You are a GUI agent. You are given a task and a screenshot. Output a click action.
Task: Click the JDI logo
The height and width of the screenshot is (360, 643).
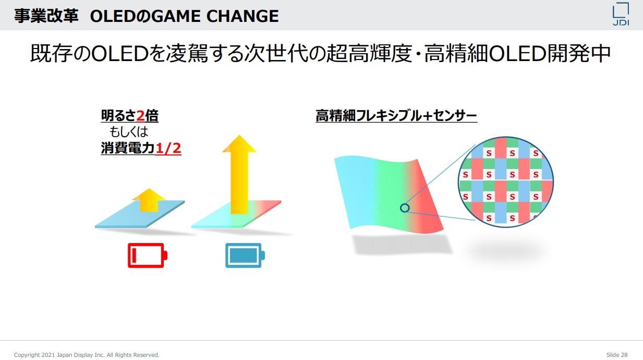coord(621,14)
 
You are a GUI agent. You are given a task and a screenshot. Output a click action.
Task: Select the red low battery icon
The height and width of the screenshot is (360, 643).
coord(148,256)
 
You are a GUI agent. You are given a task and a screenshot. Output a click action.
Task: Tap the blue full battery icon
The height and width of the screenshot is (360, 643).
coord(245,256)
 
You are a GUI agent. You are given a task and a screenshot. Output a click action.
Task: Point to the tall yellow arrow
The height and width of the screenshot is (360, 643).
coord(239,175)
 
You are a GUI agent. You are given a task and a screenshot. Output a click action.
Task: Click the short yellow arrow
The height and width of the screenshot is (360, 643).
coord(149,200)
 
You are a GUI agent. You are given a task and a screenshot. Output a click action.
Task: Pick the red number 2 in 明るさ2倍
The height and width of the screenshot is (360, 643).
coord(140,116)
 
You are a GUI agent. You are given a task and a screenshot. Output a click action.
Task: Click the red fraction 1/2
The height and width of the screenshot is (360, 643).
coord(168,148)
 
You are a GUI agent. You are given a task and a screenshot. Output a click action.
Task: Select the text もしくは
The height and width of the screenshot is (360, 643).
coord(129,132)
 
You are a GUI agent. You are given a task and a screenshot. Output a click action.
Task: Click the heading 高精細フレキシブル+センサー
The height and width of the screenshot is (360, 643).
coord(396,116)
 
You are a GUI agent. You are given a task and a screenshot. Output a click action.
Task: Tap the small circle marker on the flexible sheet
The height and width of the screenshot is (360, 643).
coord(405,208)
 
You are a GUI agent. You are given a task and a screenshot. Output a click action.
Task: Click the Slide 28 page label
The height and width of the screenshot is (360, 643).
coord(617,355)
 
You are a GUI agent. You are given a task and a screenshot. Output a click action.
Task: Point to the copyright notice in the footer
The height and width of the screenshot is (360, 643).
coord(87,355)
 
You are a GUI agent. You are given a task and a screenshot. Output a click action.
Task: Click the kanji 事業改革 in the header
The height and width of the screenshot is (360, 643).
coord(46,16)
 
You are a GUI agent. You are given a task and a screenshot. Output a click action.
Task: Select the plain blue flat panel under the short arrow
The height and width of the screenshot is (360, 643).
coord(140,214)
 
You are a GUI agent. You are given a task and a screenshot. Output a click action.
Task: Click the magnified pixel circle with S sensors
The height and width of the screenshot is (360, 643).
coord(506,182)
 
